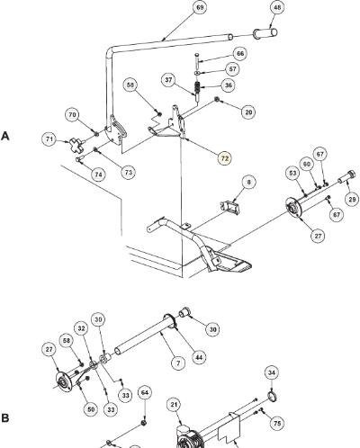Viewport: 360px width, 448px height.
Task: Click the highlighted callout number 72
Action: coord(225,158)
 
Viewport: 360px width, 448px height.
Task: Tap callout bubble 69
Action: coord(200,7)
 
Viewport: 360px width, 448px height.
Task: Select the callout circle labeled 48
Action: coord(278,7)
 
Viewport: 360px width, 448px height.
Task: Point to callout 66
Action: coord(240,54)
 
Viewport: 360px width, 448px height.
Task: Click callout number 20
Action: coord(248,112)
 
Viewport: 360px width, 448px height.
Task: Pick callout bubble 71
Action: coord(49,139)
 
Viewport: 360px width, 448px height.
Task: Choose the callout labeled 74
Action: coord(98,175)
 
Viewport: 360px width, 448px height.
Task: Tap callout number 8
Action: coord(249,182)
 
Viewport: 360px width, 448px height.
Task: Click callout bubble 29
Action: coord(352,199)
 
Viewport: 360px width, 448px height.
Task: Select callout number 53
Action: coord(292,173)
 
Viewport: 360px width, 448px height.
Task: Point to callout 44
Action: coord(199,357)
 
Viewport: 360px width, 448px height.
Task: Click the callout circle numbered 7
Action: coord(178,363)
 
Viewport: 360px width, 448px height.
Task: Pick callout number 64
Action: coord(145,393)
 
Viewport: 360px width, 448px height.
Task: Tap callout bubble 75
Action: coord(277,423)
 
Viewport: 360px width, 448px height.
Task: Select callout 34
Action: coord(272,372)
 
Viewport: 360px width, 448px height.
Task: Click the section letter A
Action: coord(5,137)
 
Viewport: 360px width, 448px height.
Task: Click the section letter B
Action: coord(4,418)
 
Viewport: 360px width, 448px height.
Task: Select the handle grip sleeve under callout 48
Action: coord(265,32)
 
